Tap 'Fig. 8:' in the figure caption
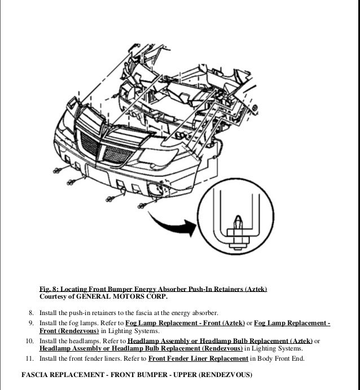tap(50, 289)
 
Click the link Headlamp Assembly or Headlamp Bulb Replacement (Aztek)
tap(220, 340)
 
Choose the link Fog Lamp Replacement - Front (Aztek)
tap(185, 323)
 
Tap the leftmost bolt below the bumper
tap(59, 171)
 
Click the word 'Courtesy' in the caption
tap(55, 296)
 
